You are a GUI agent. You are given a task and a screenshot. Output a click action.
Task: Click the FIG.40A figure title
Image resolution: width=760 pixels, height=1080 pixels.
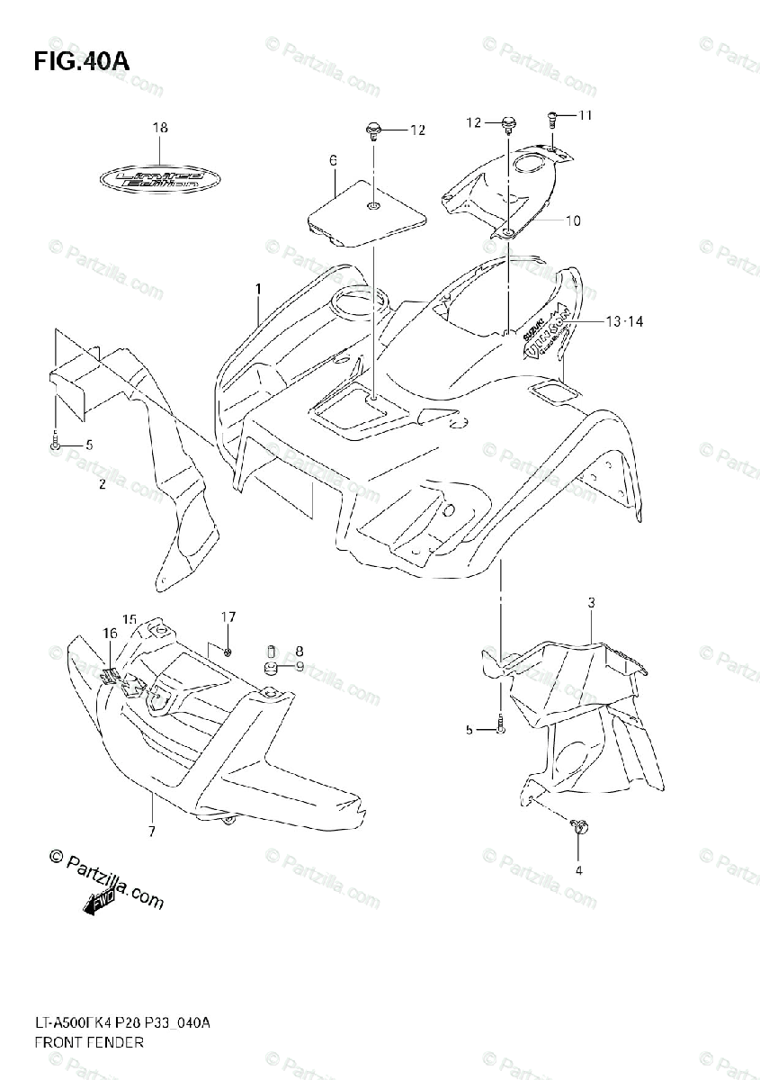pyautogui.click(x=82, y=62)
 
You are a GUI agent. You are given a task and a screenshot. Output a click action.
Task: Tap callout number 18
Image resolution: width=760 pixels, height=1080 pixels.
pyautogui.click(x=160, y=128)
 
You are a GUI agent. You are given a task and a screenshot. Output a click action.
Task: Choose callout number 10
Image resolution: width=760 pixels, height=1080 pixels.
pyautogui.click(x=573, y=220)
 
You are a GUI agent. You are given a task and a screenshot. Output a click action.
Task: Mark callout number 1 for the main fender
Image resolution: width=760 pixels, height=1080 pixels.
pyautogui.click(x=258, y=289)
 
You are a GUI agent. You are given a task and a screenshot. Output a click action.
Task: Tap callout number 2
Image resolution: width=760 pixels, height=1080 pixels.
pyautogui.click(x=103, y=485)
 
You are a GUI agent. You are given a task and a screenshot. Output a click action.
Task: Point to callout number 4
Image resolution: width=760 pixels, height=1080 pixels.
pyautogui.click(x=578, y=869)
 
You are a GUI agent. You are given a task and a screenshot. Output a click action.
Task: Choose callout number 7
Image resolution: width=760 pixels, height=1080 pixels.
pyautogui.click(x=152, y=831)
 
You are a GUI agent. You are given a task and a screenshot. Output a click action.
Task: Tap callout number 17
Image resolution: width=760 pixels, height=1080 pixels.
pyautogui.click(x=228, y=616)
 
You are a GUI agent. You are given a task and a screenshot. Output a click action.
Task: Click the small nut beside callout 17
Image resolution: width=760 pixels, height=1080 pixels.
pyautogui.click(x=228, y=650)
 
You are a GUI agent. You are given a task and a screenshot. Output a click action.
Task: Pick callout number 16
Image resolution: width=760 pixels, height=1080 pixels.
pyautogui.click(x=110, y=634)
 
